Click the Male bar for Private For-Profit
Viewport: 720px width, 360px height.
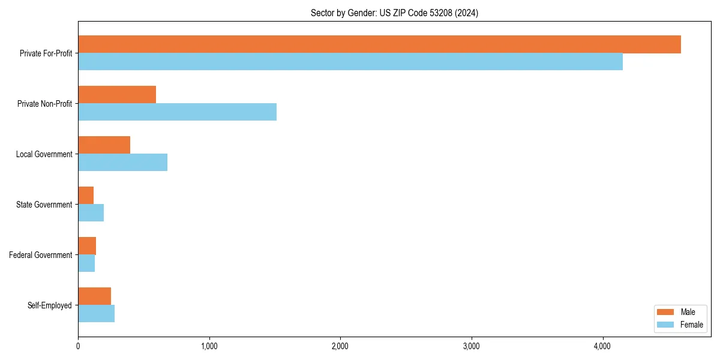click(379, 44)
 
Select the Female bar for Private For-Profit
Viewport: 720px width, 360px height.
click(350, 62)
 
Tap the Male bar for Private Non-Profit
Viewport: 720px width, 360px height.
click(117, 95)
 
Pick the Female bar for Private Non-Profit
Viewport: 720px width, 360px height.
click(177, 112)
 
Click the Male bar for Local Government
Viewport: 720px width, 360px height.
click(104, 145)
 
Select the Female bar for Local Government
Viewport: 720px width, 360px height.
click(122, 163)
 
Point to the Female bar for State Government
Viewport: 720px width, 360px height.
click(91, 213)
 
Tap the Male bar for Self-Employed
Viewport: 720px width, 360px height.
click(94, 296)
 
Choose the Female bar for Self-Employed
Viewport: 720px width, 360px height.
click(96, 314)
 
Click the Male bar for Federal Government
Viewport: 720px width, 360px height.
click(87, 246)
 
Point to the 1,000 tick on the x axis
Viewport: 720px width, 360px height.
click(209, 346)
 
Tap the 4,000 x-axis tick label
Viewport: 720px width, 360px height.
click(602, 346)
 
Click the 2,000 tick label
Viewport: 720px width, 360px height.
click(340, 346)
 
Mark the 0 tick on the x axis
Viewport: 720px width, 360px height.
click(78, 346)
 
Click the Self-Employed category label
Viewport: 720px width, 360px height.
click(50, 305)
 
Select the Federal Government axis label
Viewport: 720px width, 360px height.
click(41, 255)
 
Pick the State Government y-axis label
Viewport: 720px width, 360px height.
click(44, 205)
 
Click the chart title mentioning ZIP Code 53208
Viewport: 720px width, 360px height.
click(394, 13)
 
